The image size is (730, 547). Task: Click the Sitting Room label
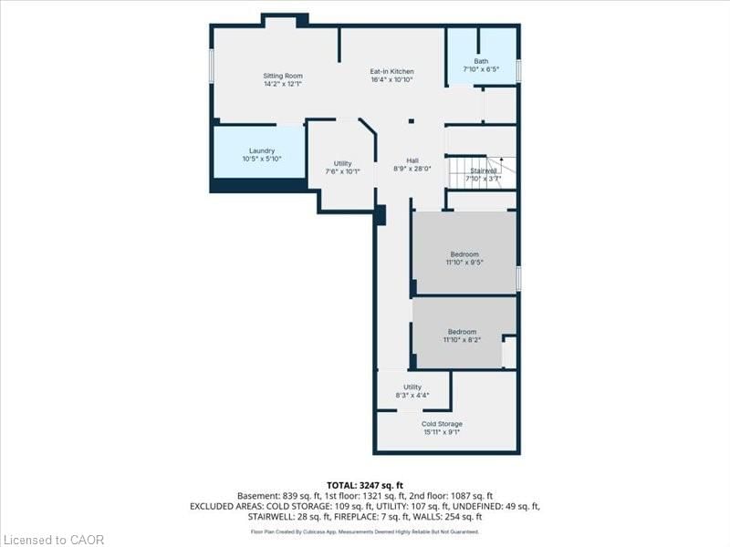(x=283, y=76)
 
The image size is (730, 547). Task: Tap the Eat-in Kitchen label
(x=391, y=72)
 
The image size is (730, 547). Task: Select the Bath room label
(x=481, y=61)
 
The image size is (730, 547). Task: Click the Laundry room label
(x=262, y=150)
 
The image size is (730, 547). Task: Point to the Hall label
(x=412, y=161)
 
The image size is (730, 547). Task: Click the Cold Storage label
(x=442, y=424)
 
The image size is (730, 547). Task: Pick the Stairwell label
(x=484, y=170)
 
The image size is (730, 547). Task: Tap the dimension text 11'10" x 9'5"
(x=464, y=263)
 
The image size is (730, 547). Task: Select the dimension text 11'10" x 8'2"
(x=462, y=340)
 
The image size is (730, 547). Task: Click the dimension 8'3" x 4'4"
(x=412, y=396)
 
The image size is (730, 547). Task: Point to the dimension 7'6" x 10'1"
(x=343, y=171)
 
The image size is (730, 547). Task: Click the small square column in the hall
(x=412, y=121)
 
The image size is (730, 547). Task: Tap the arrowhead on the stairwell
(x=501, y=160)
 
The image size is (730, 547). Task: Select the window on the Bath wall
(x=518, y=70)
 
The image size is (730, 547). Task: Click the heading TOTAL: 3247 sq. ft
(x=364, y=486)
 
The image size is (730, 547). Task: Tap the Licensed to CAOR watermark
(x=52, y=540)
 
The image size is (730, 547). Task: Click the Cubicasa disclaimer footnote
(x=364, y=532)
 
